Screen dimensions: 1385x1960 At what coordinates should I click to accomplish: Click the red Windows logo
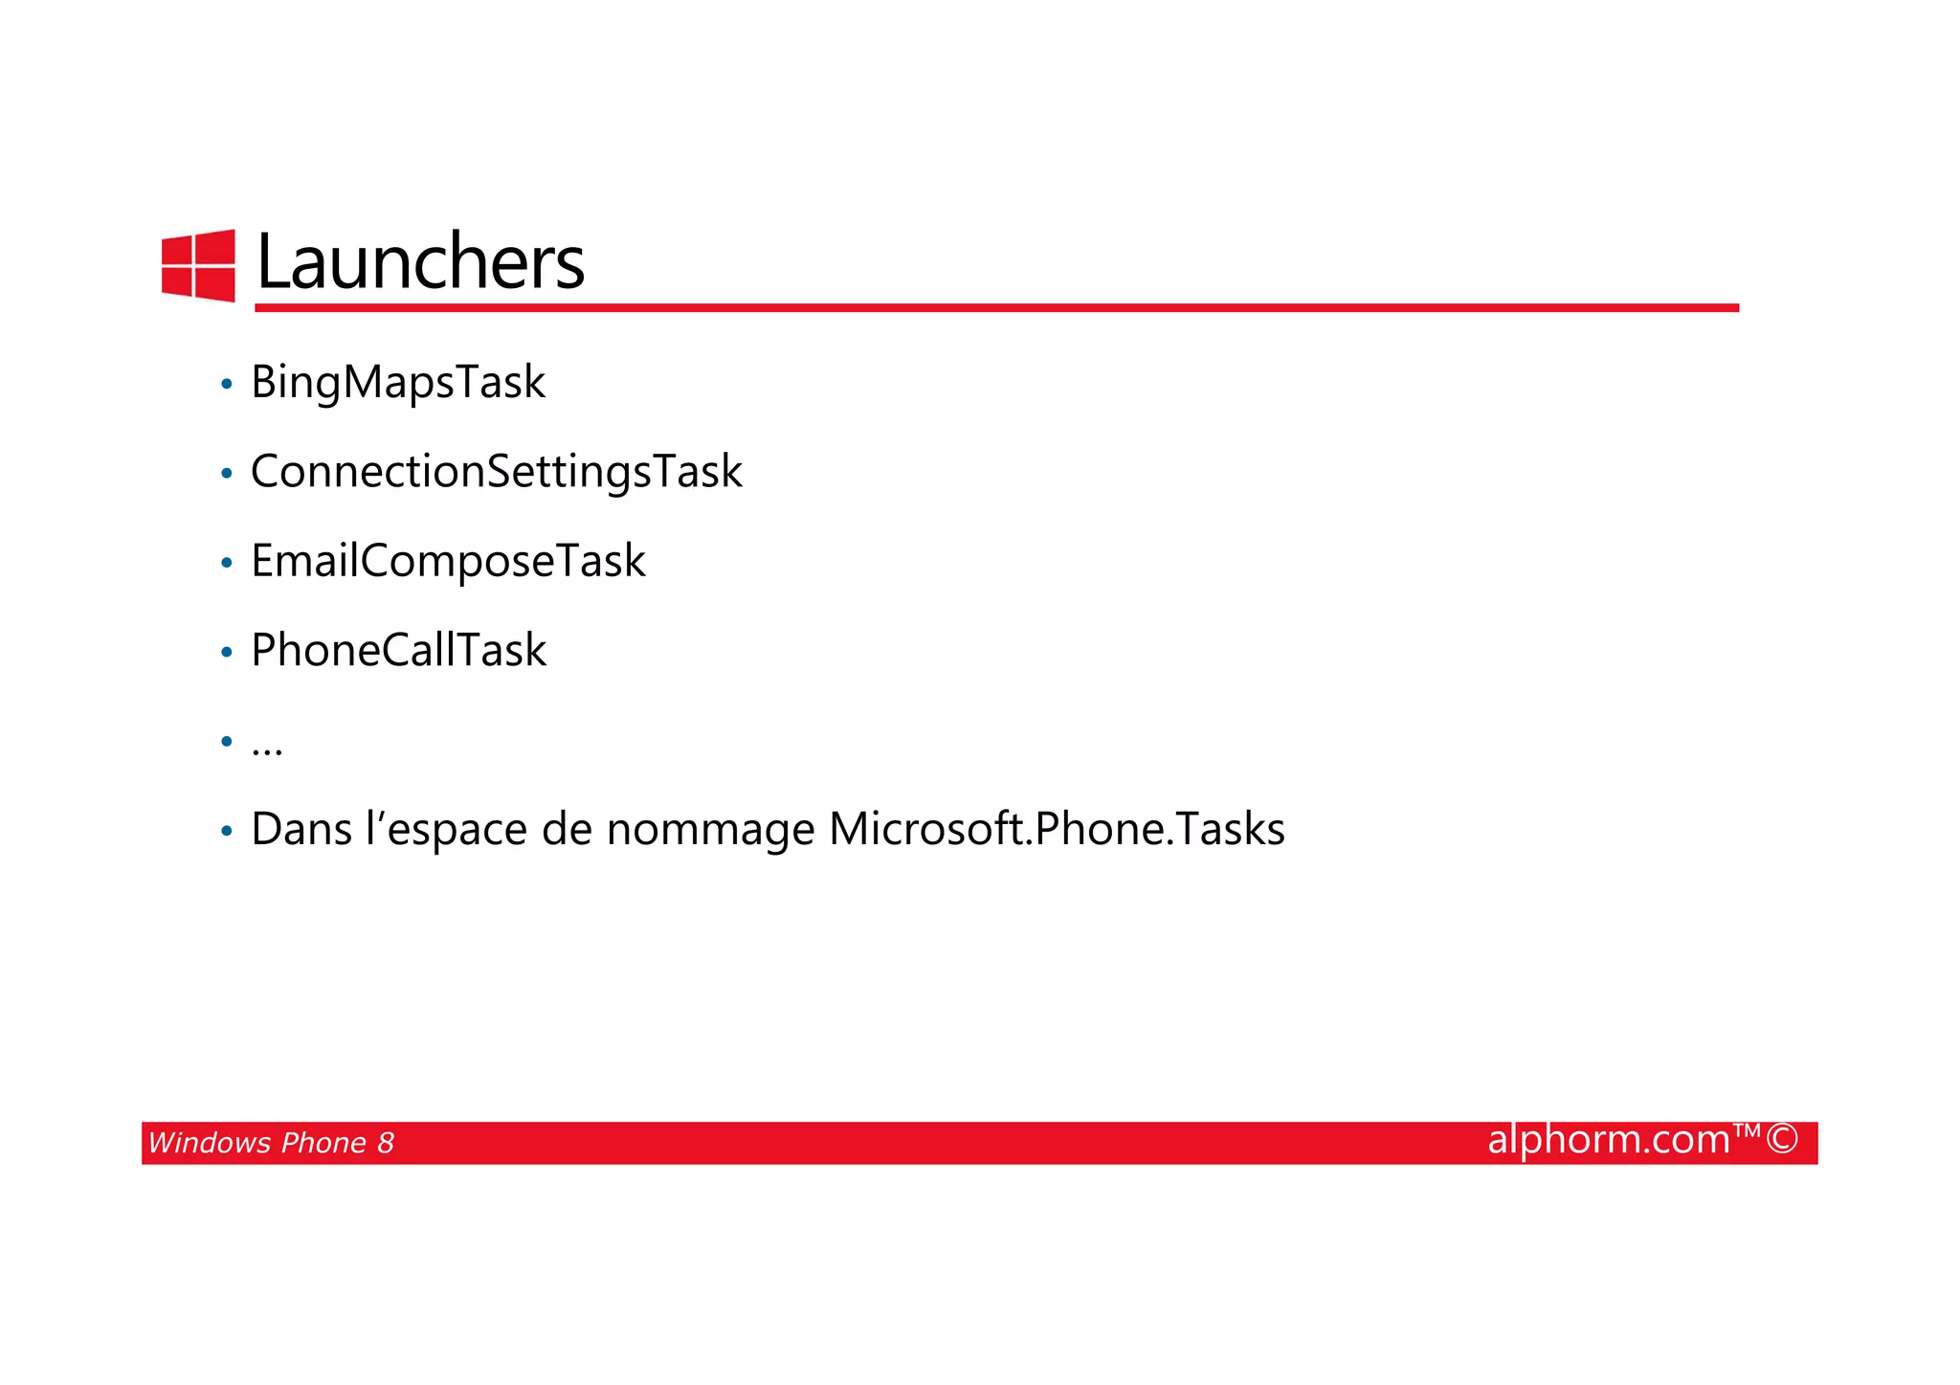coord(198,265)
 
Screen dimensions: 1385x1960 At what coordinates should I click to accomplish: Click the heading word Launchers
coord(420,262)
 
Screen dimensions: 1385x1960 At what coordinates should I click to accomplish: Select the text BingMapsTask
coord(397,382)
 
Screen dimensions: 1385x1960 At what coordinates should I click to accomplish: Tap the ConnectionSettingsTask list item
coord(496,471)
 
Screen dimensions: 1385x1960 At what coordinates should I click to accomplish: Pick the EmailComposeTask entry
coord(448,561)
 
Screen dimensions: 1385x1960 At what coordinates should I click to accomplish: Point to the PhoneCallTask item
coord(398,650)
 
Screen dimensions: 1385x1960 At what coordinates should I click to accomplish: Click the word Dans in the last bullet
coord(301,829)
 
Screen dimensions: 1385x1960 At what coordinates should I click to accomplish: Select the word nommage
coord(710,830)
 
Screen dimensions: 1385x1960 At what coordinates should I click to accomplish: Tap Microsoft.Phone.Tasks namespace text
coord(1057,829)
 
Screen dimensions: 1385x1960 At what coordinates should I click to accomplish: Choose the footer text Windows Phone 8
coord(271,1143)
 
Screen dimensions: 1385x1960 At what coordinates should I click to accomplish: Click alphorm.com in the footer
coord(1609,1140)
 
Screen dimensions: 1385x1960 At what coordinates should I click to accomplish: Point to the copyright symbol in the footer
coord(1782,1139)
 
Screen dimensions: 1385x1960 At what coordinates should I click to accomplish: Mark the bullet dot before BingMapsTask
coord(227,385)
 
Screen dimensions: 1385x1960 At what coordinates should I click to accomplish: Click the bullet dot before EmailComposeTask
coord(227,563)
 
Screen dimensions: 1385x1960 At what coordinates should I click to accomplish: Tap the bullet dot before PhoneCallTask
coord(227,653)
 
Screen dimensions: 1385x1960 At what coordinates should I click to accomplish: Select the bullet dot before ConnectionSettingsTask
coord(227,474)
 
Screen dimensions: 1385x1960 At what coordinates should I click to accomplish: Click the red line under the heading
coord(995,307)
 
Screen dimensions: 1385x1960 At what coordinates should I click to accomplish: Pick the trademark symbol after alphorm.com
coord(1748,1130)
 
